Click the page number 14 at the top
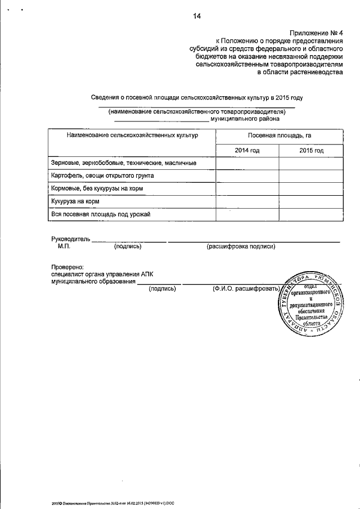click(196, 16)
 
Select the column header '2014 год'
click(247, 150)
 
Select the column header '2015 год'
click(311, 150)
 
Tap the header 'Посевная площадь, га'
click(280, 136)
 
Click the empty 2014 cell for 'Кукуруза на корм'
click(247, 201)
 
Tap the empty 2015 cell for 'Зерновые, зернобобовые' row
click(311, 163)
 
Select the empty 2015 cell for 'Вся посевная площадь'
click(311, 214)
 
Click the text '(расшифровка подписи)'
click(241, 246)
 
